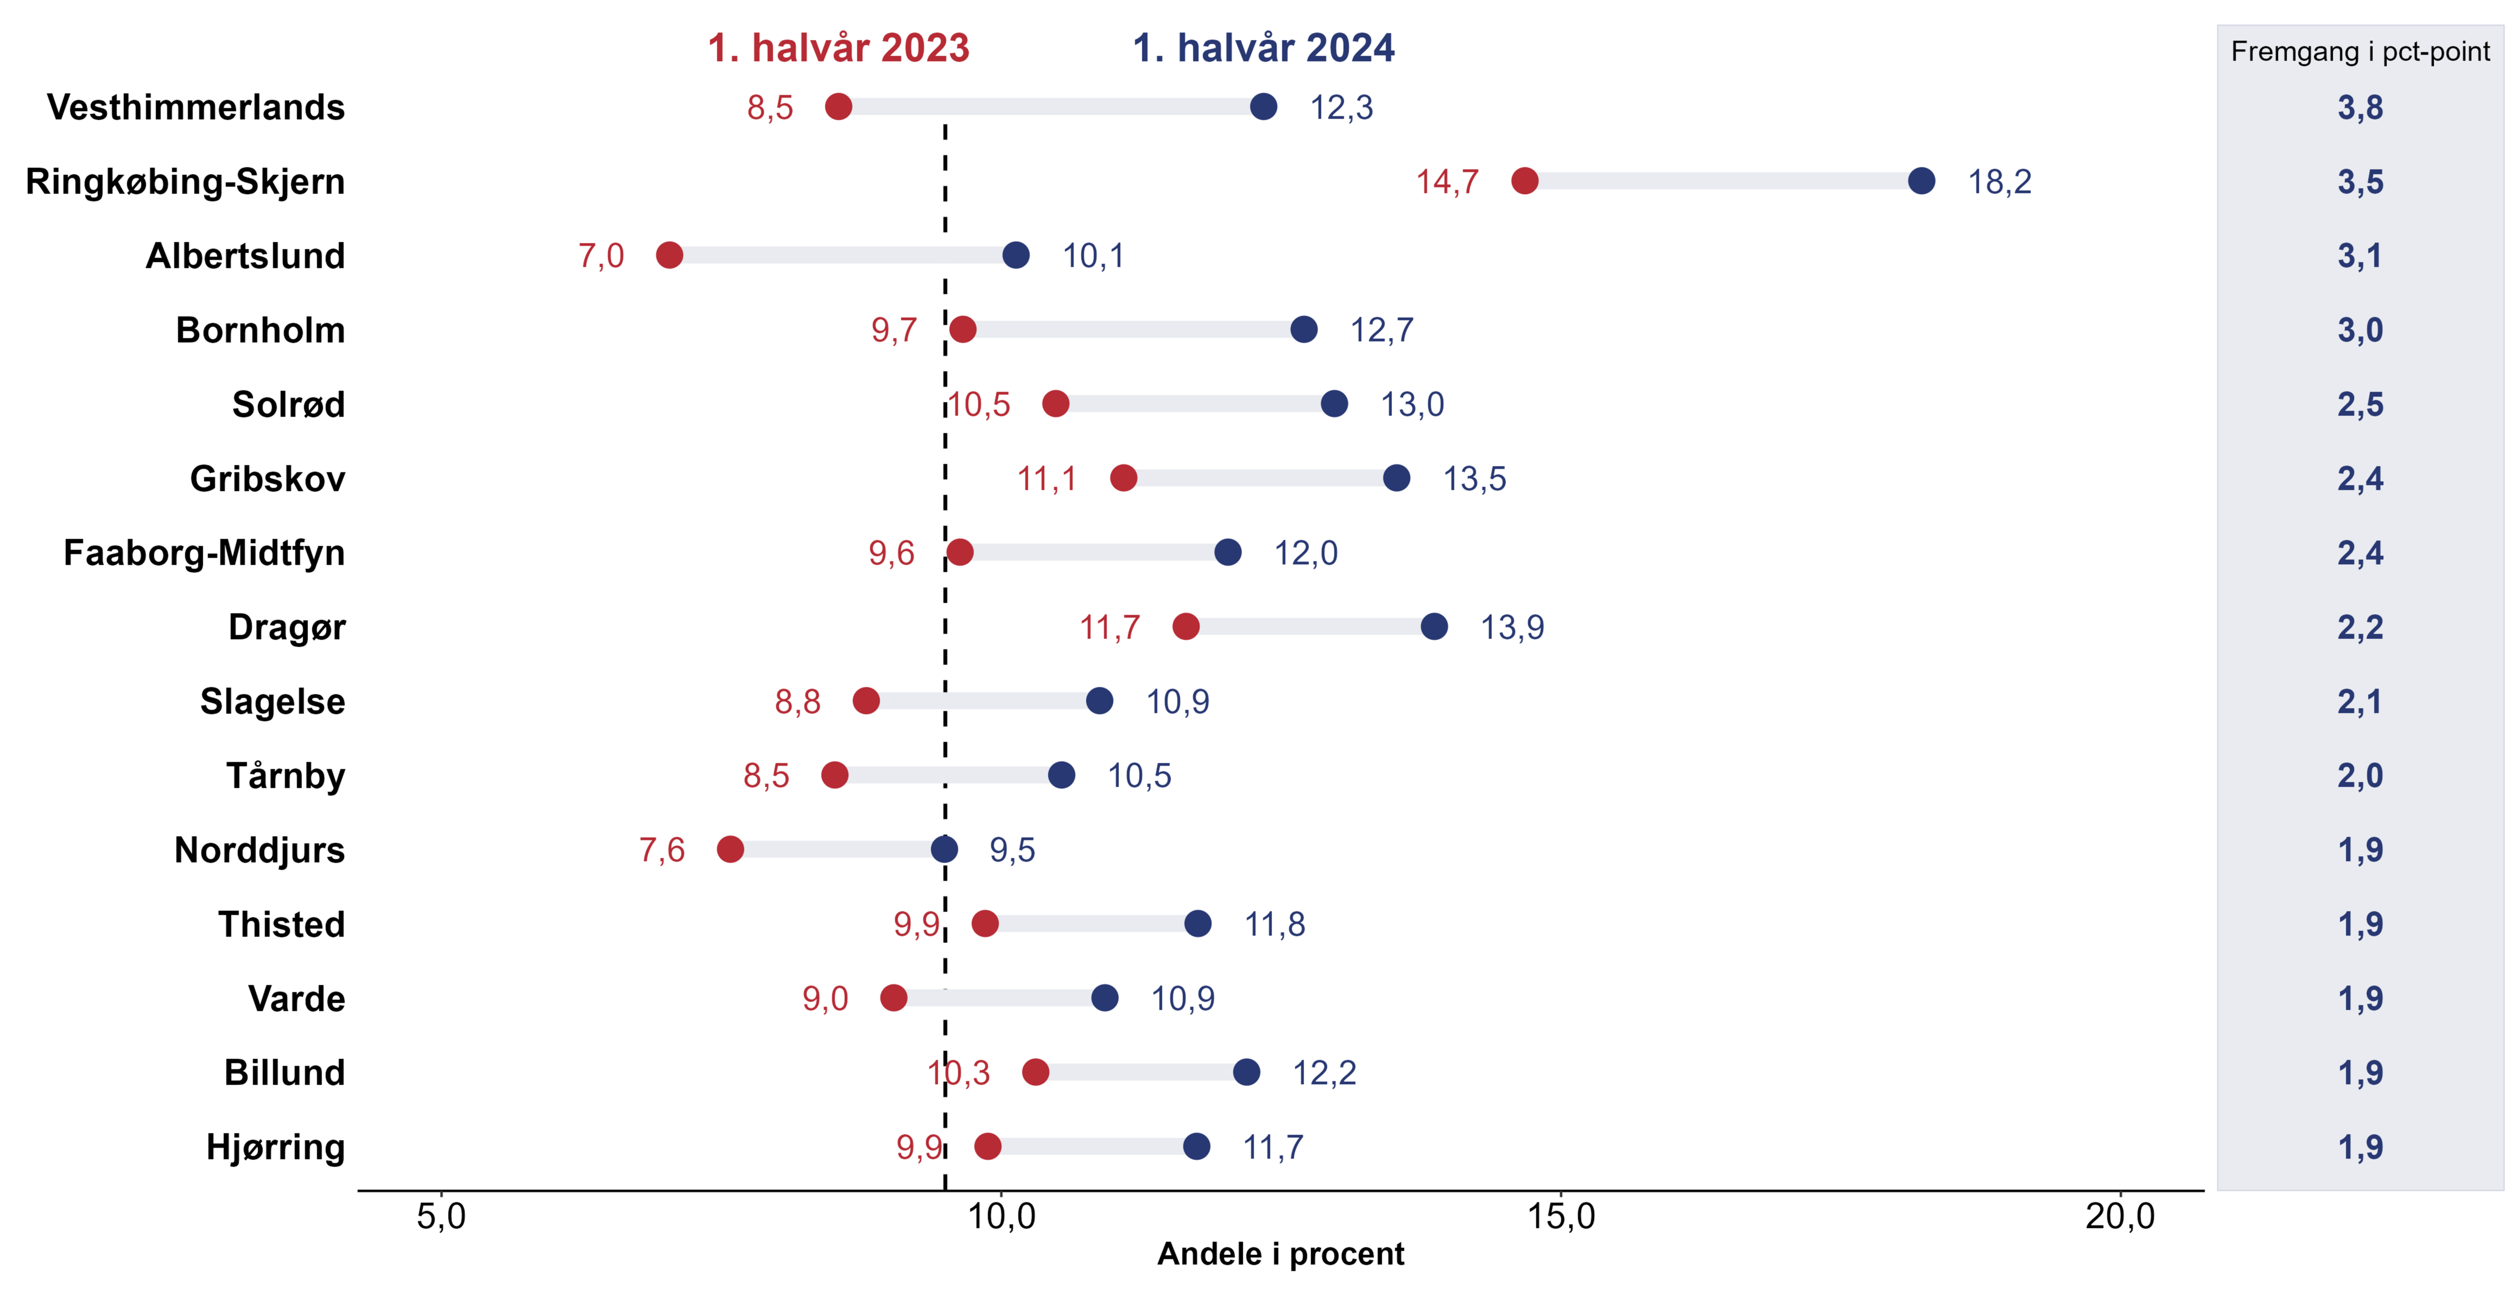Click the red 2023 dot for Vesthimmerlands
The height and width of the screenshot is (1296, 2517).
point(838,106)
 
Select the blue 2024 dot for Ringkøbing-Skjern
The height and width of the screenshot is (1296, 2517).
point(1921,181)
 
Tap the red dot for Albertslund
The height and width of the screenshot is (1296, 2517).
point(669,255)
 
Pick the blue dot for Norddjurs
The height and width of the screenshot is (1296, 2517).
point(944,849)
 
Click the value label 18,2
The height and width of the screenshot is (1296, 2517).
point(1999,182)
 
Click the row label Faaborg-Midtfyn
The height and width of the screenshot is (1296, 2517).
point(204,553)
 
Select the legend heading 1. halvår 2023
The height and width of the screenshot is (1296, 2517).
point(838,48)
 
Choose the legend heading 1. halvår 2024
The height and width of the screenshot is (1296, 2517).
point(1263,48)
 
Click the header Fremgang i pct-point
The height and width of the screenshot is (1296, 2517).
point(2361,52)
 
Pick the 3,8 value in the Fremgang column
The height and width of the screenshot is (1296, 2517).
point(2361,107)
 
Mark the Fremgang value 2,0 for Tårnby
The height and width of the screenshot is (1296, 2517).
point(2361,776)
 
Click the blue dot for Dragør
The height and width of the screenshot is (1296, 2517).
point(1434,626)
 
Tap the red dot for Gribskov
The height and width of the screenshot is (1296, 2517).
point(1124,478)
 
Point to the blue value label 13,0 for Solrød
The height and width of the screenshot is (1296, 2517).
point(1412,404)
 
